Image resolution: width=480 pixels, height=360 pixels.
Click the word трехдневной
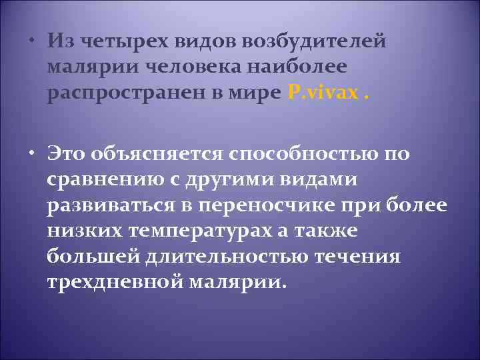(x=111, y=283)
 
